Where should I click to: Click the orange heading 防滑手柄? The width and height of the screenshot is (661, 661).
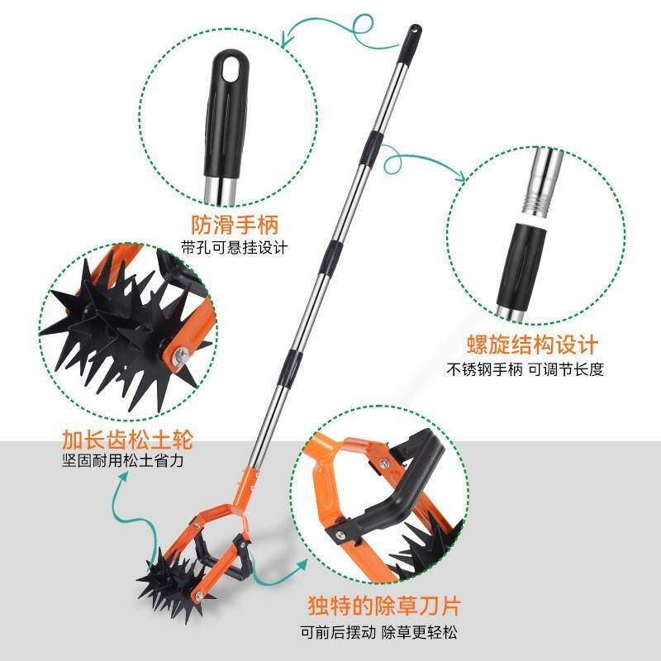(x=235, y=224)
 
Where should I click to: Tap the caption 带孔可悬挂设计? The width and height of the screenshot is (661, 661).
(x=235, y=247)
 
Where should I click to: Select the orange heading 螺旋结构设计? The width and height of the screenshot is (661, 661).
(x=532, y=345)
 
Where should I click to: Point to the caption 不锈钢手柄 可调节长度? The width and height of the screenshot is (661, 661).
(x=525, y=369)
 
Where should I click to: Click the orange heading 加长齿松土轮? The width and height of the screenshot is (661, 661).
(x=128, y=440)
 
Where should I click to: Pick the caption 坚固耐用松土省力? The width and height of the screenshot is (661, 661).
(x=123, y=460)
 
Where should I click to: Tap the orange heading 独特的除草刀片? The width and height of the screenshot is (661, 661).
(x=384, y=606)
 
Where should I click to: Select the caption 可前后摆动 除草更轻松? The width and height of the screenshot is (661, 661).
(x=379, y=632)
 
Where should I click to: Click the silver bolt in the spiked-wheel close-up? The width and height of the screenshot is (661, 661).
(x=181, y=354)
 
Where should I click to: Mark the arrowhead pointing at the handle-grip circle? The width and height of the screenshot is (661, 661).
(x=287, y=41)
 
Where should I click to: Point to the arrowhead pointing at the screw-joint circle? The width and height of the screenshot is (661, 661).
(x=460, y=177)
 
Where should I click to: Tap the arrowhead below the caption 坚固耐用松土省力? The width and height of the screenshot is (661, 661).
(x=124, y=477)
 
